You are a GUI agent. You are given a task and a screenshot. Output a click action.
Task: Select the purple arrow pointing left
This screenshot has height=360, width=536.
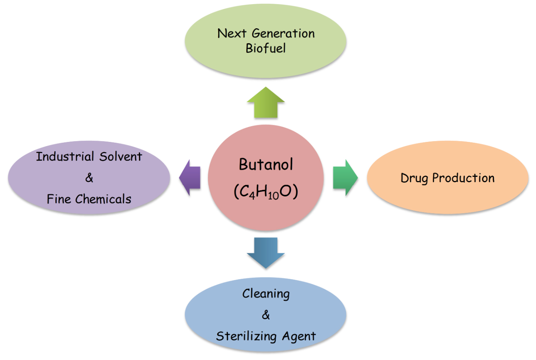190,178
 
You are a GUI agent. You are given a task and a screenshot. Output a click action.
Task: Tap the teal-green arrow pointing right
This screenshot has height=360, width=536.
345,178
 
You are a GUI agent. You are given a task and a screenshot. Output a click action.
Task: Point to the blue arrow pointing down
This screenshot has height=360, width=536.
266,252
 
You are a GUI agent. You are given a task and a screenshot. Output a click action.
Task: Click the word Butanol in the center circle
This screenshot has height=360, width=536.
266,165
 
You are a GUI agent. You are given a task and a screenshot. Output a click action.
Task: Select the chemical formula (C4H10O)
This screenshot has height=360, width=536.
266,192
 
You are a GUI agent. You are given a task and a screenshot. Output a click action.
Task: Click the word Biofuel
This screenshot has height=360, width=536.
266,48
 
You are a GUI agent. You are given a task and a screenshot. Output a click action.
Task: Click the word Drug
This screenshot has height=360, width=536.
415,178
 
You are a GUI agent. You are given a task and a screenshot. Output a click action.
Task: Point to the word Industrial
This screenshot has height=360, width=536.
66,156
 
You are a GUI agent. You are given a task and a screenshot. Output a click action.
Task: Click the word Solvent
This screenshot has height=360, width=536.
121,157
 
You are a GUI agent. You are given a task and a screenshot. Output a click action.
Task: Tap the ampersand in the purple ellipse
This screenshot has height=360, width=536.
89,178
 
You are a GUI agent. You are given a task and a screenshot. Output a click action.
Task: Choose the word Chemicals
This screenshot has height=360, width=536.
103,199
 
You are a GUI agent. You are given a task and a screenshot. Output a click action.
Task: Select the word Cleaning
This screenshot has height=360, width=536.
266,294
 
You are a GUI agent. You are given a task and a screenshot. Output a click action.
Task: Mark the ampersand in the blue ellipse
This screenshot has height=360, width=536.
266,315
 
